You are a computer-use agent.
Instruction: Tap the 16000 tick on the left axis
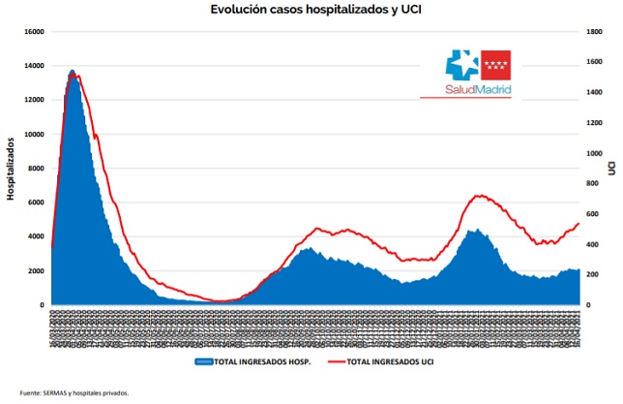tap(34, 31)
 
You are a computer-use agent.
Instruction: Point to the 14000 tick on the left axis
tap(34, 66)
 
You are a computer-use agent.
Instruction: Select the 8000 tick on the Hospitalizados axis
tap(36, 169)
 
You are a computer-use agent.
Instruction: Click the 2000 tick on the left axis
tap(36, 271)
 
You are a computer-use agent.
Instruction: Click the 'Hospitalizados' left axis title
tap(11, 169)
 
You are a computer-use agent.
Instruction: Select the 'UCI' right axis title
tap(612, 169)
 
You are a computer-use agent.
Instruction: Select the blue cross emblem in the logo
tap(461, 65)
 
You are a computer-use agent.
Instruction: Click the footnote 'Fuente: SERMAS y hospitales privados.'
tap(74, 393)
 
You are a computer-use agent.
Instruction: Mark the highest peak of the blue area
tap(73, 71)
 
